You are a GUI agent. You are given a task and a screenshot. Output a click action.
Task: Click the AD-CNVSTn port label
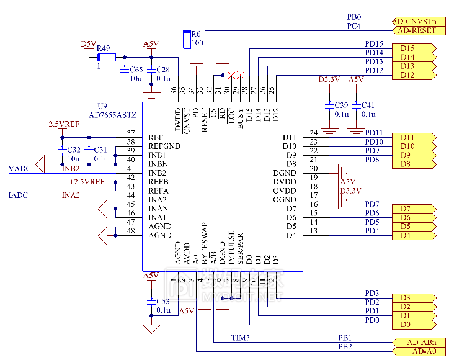pyautogui.click(x=419, y=21)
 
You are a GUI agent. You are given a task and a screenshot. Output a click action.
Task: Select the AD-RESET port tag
pyautogui.click(x=419, y=30)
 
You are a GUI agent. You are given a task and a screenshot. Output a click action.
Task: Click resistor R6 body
pyautogui.click(x=187, y=39)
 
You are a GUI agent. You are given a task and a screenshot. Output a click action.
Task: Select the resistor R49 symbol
pyautogui.click(x=107, y=57)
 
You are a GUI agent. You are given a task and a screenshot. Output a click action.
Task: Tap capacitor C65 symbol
pyautogui.click(x=126, y=70)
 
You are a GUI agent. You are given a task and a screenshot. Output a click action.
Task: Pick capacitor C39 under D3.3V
pyautogui.click(x=329, y=105)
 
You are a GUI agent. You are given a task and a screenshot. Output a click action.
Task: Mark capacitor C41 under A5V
pyautogui.click(x=355, y=105)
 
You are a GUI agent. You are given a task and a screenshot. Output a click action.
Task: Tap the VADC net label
pyautogui.click(x=19, y=168)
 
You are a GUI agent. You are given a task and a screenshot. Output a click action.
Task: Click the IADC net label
pyautogui.click(x=18, y=196)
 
